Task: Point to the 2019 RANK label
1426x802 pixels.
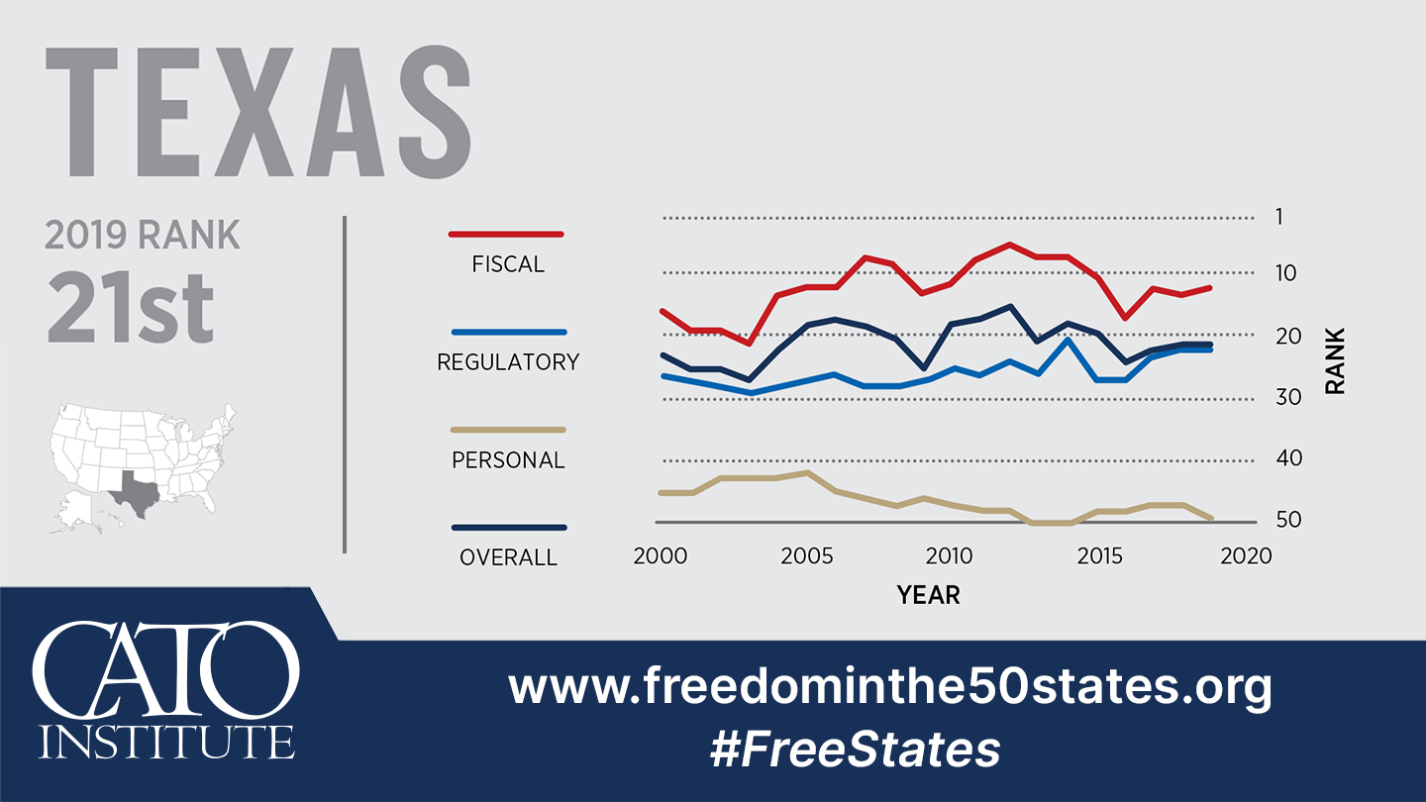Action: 143,236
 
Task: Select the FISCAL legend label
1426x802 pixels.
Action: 508,264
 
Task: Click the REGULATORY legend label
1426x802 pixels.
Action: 508,362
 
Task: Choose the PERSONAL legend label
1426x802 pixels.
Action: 508,460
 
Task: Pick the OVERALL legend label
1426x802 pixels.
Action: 508,558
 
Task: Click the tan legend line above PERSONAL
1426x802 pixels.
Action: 508,430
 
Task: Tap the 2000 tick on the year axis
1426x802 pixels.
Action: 661,556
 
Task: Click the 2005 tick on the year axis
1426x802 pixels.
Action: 806,556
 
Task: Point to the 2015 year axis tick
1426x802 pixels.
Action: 1098,556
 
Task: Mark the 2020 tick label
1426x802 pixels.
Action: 1245,556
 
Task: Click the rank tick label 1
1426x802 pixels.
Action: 1278,217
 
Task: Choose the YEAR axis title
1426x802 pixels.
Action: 928,595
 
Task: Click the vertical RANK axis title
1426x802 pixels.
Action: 1335,361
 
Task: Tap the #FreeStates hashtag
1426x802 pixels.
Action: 855,750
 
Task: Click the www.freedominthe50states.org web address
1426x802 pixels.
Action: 889,686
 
